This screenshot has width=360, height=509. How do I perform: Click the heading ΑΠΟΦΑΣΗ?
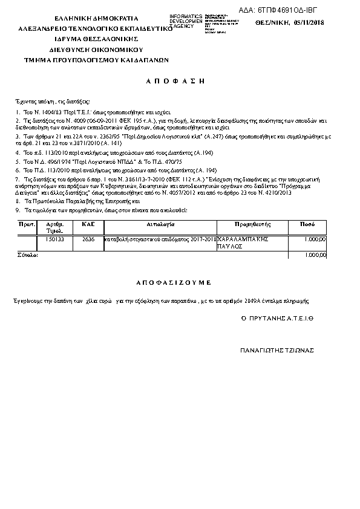pyautogui.click(x=180, y=80)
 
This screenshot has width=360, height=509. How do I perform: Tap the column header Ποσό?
pyautogui.click(x=307, y=224)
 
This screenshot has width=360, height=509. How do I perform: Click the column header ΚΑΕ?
pyautogui.click(x=85, y=224)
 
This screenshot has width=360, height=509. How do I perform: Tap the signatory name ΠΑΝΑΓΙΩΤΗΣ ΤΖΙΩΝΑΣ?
pyautogui.click(x=277, y=350)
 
